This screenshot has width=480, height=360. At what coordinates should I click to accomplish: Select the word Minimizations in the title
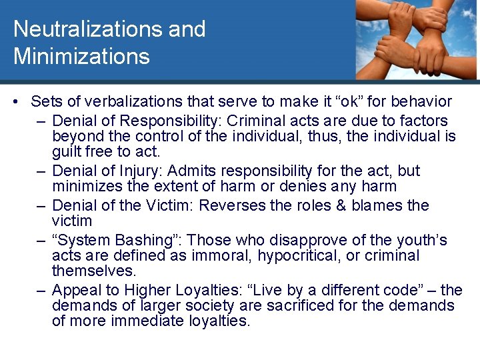(81, 56)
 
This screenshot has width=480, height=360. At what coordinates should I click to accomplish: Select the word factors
(421, 121)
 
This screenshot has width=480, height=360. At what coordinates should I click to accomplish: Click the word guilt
(68, 153)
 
